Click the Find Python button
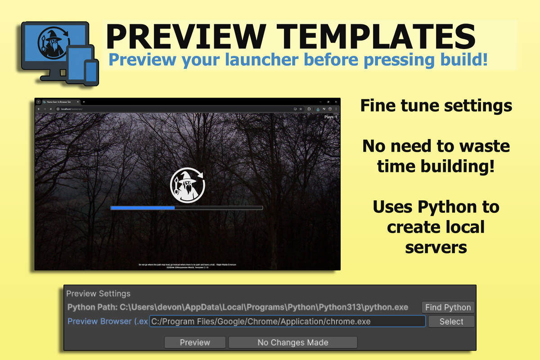[448, 307]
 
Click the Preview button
[195, 342]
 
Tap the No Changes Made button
[292, 342]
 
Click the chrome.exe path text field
[287, 321]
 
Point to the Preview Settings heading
[98, 294]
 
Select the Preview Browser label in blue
[107, 321]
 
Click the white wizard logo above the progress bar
[187, 185]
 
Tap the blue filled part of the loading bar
[143, 208]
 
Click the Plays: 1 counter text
[330, 117]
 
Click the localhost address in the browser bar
[72, 109]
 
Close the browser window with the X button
[335, 102]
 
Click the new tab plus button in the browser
[84, 102]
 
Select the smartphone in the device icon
[91, 72]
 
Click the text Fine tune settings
[436, 106]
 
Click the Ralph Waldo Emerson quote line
[187, 265]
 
